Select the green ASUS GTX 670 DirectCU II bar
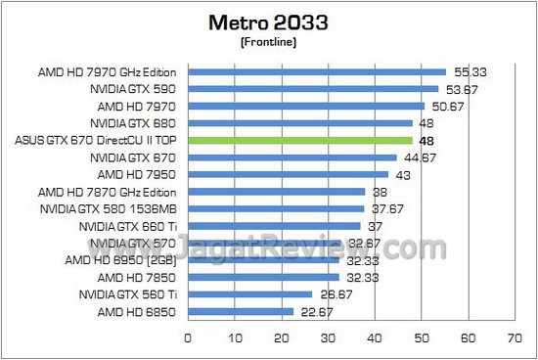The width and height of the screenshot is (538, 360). click(x=299, y=141)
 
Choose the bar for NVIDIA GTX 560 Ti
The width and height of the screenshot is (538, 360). click(x=249, y=293)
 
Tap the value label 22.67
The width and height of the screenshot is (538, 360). click(x=313, y=311)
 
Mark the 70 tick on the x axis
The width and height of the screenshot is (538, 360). click(x=515, y=341)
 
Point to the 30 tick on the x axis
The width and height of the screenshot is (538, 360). click(x=328, y=341)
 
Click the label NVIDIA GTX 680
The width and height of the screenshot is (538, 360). click(x=133, y=123)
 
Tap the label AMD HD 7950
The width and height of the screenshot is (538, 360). click(x=143, y=174)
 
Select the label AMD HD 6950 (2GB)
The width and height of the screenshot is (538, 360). click(x=129, y=259)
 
